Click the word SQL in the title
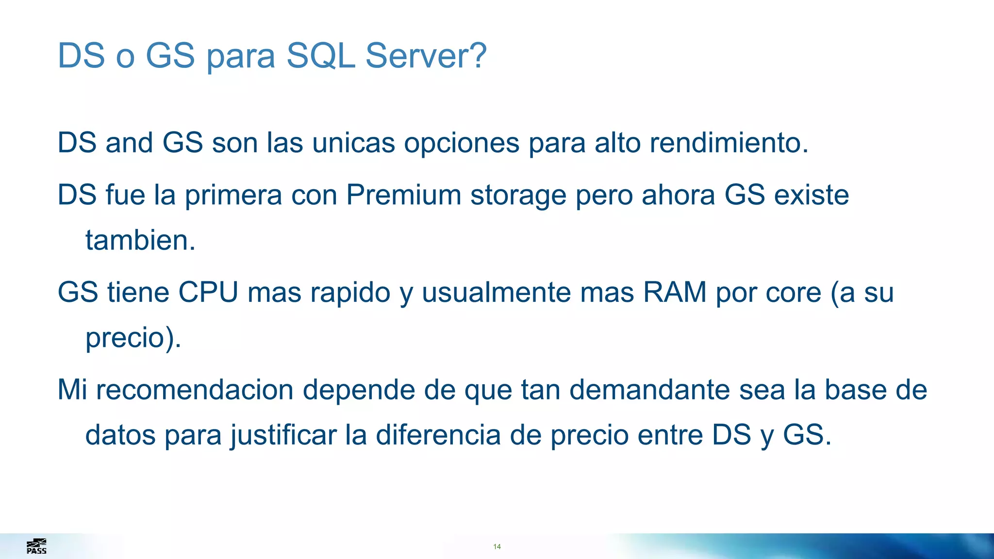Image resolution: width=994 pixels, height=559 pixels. tap(321, 56)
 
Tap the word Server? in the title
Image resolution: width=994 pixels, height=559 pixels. tap(426, 56)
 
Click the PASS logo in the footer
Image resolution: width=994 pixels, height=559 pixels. tap(36, 546)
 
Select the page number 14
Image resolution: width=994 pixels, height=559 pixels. tap(497, 547)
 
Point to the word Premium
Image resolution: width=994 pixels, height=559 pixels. tap(403, 195)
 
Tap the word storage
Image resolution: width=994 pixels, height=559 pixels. tap(518, 196)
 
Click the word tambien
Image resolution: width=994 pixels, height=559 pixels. tap(140, 240)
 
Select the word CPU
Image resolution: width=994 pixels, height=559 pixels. tap(208, 292)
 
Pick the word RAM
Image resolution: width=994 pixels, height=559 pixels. tap(675, 292)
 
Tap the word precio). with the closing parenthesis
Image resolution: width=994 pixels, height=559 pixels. tap(133, 338)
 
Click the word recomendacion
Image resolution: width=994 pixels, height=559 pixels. tap(195, 390)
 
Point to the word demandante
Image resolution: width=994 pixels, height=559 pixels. tap(649, 390)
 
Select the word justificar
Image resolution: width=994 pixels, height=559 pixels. tap(283, 435)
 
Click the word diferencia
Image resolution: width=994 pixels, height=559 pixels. tap(438, 435)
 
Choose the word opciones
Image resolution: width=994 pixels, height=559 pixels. tap(462, 144)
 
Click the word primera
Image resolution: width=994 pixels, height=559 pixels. tap(233, 196)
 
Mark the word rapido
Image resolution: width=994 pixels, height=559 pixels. tap(350, 293)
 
